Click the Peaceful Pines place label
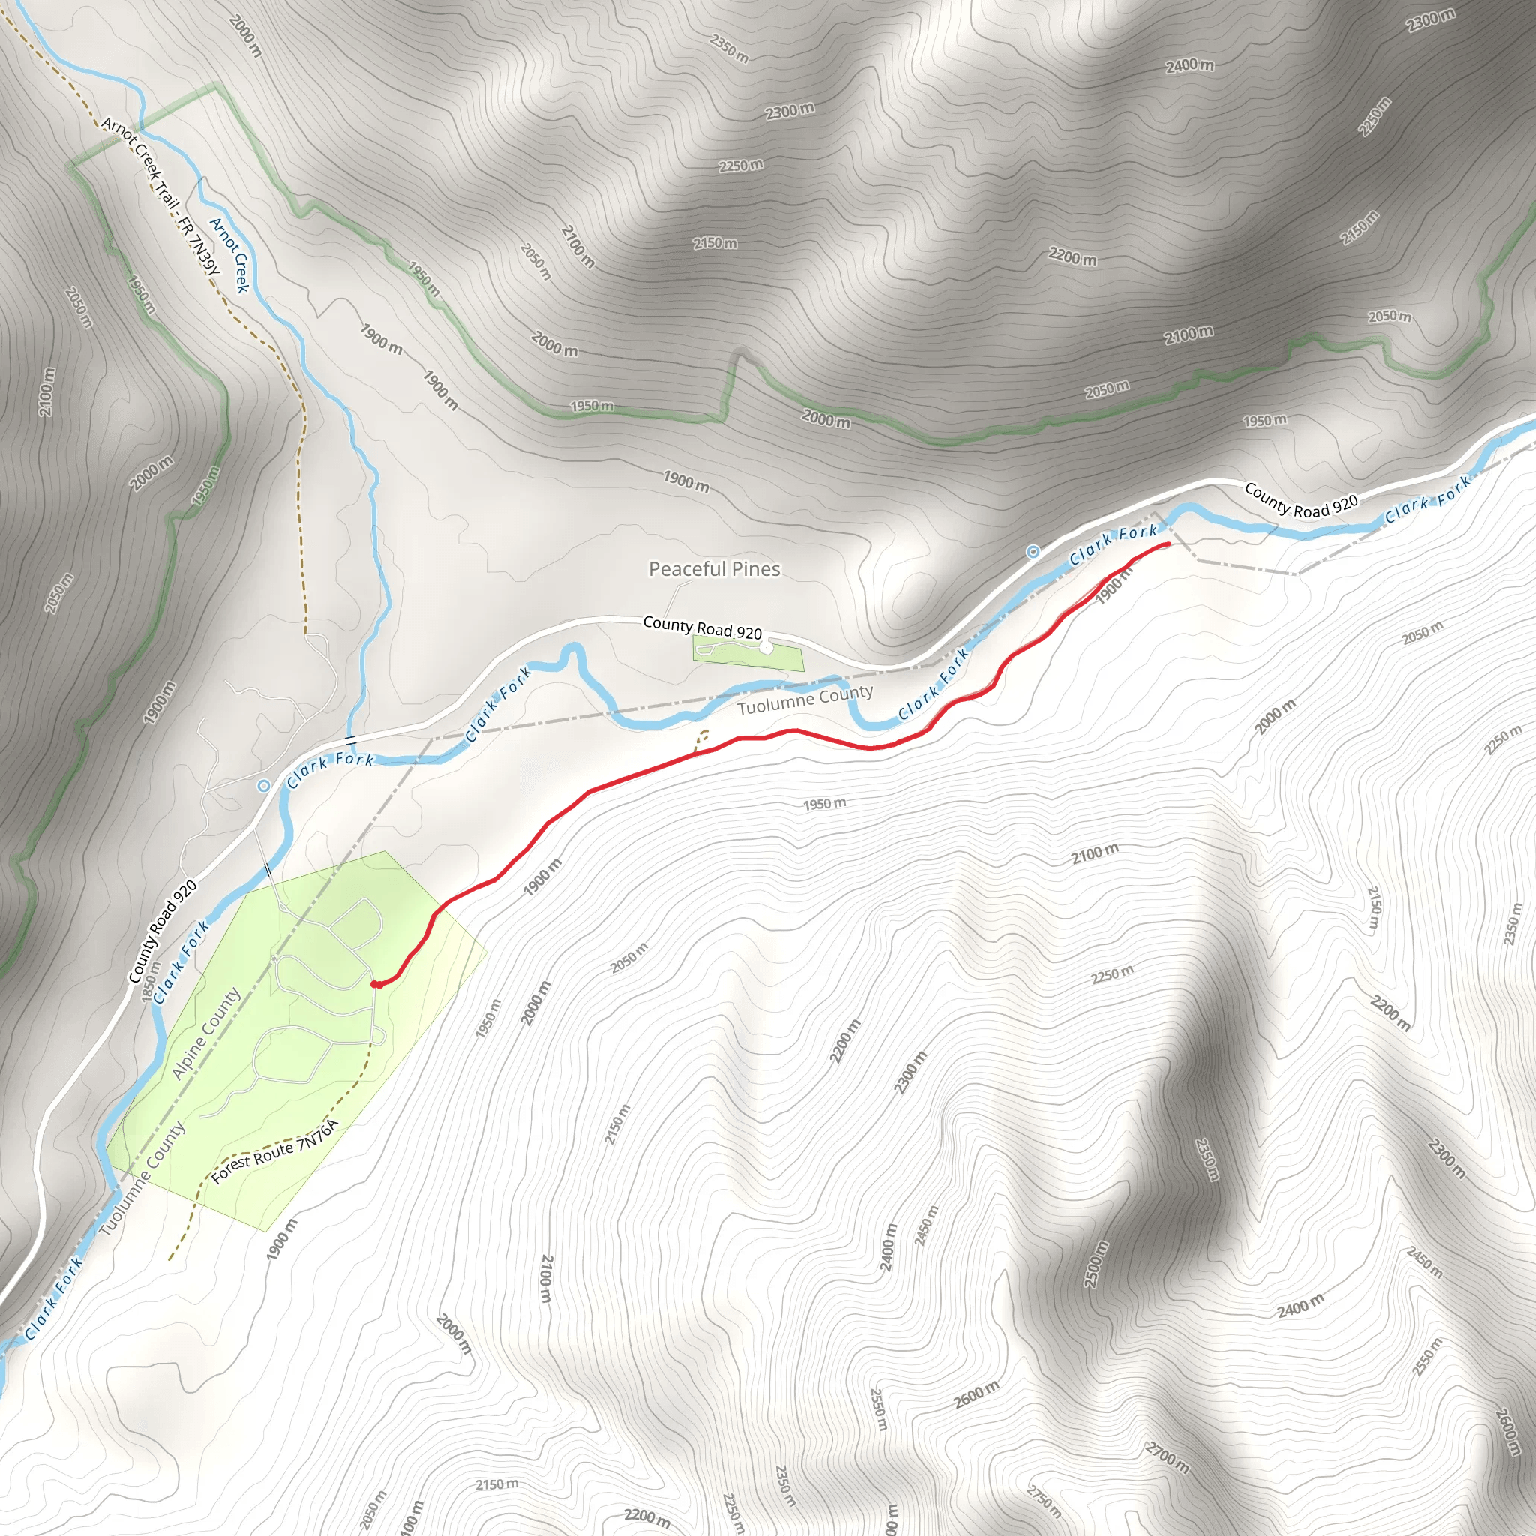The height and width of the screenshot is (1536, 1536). (714, 569)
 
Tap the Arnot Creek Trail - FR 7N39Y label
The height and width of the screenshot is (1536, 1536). (160, 195)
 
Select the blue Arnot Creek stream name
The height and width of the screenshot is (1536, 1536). (229, 254)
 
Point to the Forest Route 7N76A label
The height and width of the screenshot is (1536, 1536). (275, 1151)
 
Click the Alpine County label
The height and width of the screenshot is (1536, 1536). (206, 1033)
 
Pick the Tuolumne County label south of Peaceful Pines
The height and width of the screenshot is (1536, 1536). (805, 700)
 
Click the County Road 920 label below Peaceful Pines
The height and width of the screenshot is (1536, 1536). (702, 628)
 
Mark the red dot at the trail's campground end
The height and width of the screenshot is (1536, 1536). (376, 985)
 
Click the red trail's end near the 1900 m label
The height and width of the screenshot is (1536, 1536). (1167, 544)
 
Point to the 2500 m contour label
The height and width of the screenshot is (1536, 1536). (1096, 1264)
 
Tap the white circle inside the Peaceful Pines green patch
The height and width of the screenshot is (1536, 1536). (766, 648)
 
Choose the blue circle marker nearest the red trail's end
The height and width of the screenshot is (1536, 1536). (1032, 552)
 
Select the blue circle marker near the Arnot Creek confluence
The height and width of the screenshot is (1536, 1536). (263, 785)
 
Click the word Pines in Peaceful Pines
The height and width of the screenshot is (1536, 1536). (755, 569)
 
